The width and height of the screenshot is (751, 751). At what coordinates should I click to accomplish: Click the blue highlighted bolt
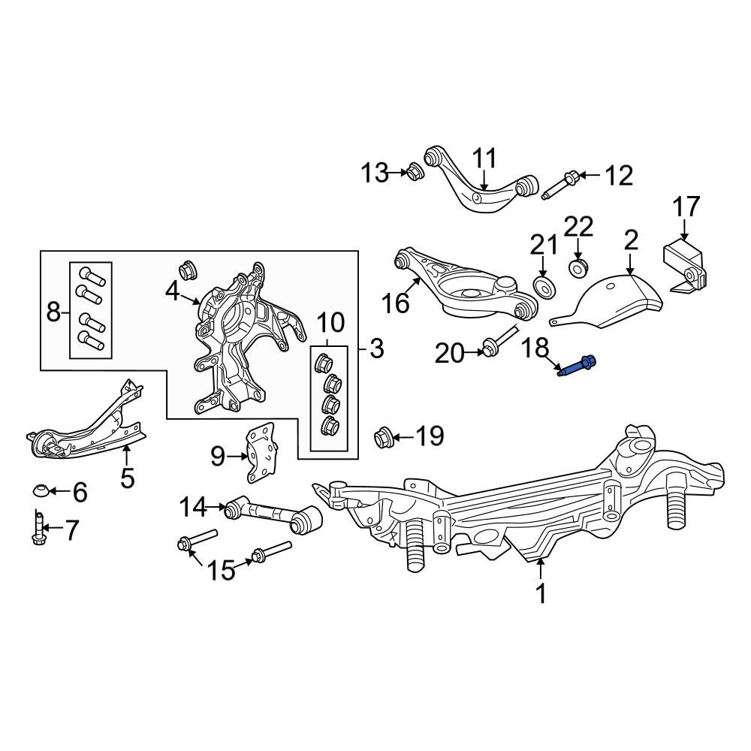coord(577,366)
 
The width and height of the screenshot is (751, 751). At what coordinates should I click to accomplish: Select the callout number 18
coord(535,348)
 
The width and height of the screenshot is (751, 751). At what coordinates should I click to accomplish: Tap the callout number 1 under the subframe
coord(541,594)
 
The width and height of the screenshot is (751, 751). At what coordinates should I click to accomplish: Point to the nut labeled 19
coord(382,436)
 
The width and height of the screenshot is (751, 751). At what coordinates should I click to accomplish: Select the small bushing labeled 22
coord(578,268)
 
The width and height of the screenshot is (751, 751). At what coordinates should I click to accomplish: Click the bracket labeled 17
coord(686,268)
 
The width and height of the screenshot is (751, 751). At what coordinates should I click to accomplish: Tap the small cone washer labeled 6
coord(40,490)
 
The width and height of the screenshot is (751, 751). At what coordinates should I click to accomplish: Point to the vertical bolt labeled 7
coord(38,527)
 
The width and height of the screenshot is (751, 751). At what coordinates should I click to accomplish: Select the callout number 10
coord(330,323)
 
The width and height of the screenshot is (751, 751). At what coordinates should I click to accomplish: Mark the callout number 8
coord(53,313)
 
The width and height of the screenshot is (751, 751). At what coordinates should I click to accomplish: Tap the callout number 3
coord(377,348)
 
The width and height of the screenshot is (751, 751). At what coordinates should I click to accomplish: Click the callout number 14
coord(194,507)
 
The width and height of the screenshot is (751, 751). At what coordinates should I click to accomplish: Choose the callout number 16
coord(395,303)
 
